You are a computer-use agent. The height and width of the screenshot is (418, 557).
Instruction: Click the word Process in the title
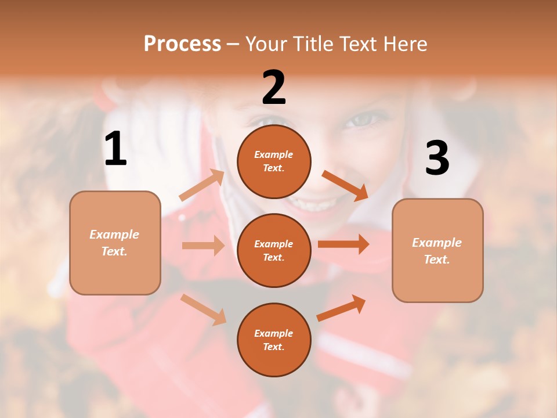click(182, 44)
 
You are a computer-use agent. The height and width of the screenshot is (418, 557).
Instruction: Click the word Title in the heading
click(312, 44)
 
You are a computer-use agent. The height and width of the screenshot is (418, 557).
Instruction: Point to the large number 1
click(115, 149)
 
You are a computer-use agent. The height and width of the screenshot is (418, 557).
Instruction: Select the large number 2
click(274, 88)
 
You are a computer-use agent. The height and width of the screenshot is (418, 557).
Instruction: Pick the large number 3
click(437, 158)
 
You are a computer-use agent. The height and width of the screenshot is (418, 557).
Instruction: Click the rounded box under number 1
click(115, 243)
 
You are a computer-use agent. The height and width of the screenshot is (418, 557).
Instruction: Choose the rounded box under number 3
click(437, 251)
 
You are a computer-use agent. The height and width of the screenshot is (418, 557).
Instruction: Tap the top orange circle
click(274, 161)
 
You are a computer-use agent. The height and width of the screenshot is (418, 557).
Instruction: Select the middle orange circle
click(274, 250)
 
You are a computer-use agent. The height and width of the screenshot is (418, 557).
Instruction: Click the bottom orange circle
click(274, 340)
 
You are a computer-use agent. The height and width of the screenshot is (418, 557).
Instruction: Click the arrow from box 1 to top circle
click(202, 185)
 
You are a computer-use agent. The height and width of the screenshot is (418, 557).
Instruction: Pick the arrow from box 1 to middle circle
click(203, 246)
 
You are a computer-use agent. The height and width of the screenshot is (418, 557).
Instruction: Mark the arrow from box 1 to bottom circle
click(203, 309)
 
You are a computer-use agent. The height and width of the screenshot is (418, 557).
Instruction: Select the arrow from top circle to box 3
click(345, 185)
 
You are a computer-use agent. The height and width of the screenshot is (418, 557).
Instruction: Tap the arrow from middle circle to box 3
click(343, 244)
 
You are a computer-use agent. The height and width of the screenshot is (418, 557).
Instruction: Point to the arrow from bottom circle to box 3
click(341, 308)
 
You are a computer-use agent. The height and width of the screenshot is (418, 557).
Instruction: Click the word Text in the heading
click(357, 44)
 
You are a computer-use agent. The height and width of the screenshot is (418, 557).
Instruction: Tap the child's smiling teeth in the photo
click(314, 205)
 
